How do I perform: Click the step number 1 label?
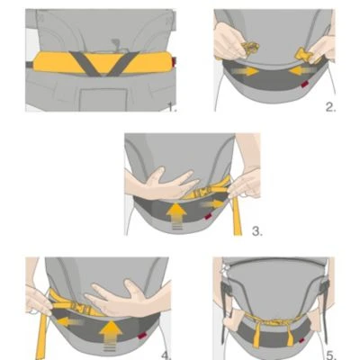(172, 107)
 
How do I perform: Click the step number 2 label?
(330, 107)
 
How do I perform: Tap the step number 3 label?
(257, 231)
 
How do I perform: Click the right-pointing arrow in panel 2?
(247, 71)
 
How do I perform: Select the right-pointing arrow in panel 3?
(212, 204)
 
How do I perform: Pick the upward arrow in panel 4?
(111, 335)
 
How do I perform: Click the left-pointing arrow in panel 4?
(70, 322)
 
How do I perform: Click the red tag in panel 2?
(304, 85)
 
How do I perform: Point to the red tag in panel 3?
(207, 217)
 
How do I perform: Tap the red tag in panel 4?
(140, 337)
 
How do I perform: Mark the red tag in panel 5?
(302, 340)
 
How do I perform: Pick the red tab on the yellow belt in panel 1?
(174, 61)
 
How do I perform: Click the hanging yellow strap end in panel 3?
(237, 215)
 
